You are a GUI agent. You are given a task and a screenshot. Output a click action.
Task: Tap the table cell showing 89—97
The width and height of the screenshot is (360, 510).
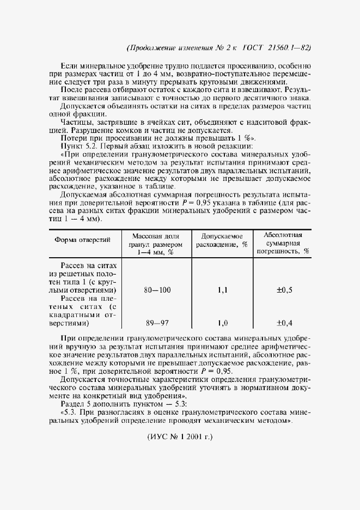click(157, 323)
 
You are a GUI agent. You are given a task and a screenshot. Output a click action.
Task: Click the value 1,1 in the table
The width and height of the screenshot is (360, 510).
click(222, 290)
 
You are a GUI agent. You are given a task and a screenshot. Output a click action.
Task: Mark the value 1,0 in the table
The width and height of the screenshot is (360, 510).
click(222, 323)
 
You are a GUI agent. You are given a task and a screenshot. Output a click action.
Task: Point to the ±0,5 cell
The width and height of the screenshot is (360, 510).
click(284, 290)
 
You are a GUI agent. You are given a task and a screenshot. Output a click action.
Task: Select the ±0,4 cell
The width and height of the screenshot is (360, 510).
click(284, 323)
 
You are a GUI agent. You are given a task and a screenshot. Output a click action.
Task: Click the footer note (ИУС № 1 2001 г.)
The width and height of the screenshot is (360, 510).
click(180, 437)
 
